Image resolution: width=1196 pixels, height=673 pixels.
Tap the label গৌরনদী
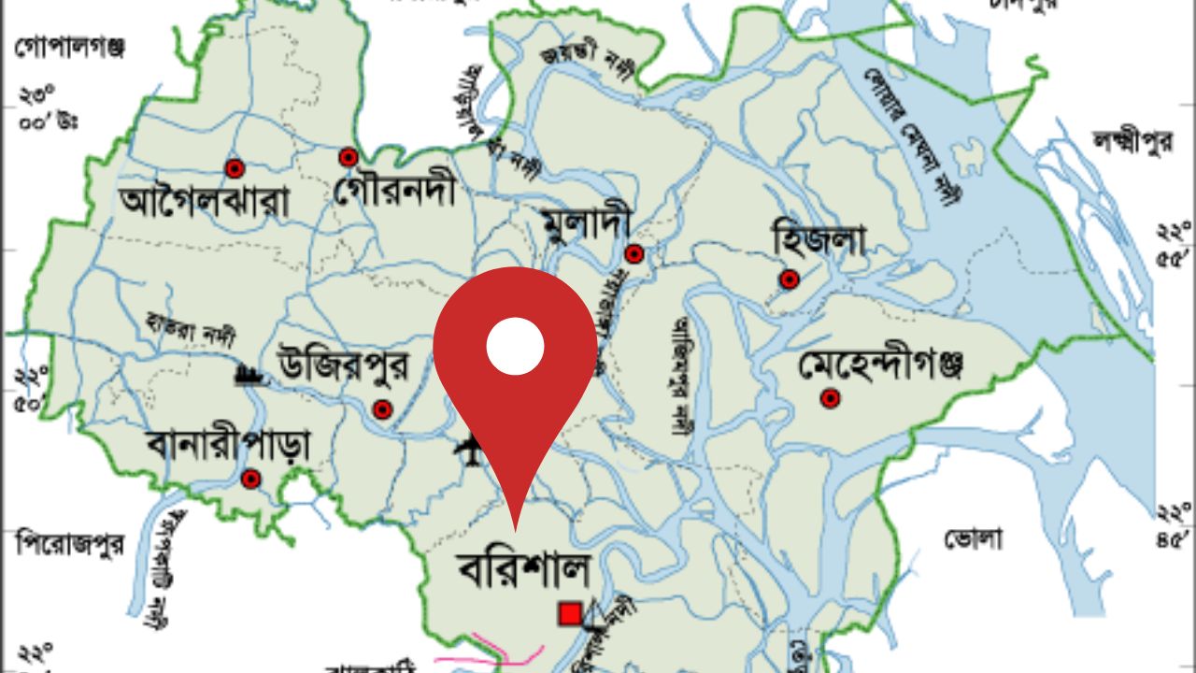[394, 192]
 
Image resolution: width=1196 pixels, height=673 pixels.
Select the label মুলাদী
[586, 222]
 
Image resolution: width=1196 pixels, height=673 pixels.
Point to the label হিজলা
[819, 239]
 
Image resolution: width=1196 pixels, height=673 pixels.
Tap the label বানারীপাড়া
[228, 447]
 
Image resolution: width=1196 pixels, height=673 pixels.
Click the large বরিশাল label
[523, 568]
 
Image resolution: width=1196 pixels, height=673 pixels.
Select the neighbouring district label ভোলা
[973, 538]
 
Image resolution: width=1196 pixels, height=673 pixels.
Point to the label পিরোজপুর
[70, 543]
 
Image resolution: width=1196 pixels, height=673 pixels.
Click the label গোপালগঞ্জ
[70, 47]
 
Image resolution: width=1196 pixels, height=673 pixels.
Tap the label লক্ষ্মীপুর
[1132, 142]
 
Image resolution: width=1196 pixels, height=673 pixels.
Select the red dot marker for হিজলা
[790, 279]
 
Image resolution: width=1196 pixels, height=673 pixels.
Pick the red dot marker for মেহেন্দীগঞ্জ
[829, 399]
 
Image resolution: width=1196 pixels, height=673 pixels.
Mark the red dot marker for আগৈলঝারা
[235, 168]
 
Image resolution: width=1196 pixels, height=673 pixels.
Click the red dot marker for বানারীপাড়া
[249, 480]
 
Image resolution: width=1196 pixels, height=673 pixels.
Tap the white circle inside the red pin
[515, 346]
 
